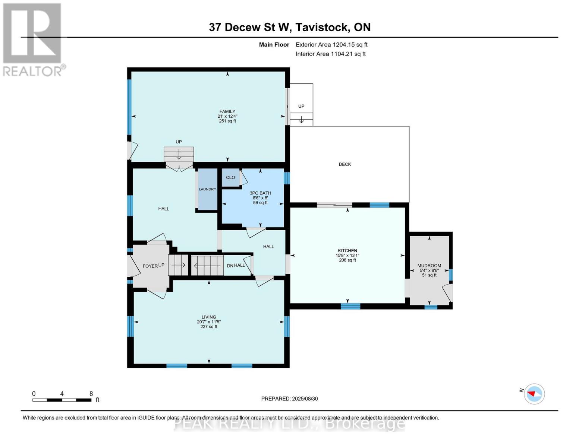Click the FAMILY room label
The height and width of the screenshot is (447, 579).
point(227,111)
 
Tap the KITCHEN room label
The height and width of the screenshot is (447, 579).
point(347,251)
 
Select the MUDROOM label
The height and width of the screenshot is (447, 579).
point(429,266)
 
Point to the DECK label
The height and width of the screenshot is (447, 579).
point(344,164)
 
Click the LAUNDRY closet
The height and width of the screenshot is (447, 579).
point(207,189)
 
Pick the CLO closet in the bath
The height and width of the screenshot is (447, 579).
point(230,177)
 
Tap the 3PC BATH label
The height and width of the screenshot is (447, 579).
point(260,193)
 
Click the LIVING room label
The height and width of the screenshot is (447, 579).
point(209,317)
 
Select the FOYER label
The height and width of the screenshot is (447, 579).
point(150,266)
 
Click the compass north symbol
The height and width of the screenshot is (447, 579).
point(534,394)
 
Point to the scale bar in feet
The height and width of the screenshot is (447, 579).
point(62,400)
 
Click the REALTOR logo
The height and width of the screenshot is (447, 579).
point(33,39)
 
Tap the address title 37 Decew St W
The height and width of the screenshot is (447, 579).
point(289,27)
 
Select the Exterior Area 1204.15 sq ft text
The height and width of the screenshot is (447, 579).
point(331,45)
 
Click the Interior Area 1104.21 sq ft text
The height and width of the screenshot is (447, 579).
point(330,54)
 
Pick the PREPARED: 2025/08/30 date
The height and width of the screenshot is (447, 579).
point(289,399)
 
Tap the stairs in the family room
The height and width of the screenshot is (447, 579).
point(179,153)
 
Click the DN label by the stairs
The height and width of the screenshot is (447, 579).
point(230,266)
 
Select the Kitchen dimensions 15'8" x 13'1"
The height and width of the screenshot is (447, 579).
point(347,256)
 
